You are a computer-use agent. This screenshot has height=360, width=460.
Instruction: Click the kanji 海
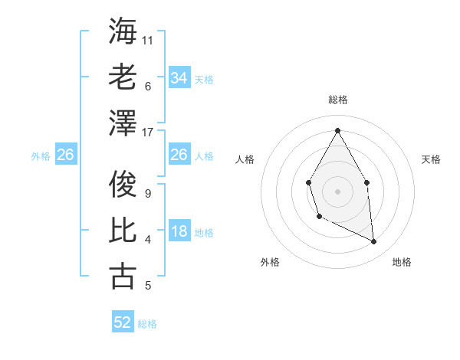pyautogui.click(x=123, y=31)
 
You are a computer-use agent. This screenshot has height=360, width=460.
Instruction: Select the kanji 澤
pyautogui.click(x=123, y=123)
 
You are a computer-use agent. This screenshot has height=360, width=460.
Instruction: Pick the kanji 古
pyautogui.click(x=123, y=276)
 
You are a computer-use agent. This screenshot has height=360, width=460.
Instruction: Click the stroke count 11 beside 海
pyautogui.click(x=148, y=40)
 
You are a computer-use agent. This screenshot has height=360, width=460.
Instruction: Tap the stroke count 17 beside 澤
pyautogui.click(x=148, y=132)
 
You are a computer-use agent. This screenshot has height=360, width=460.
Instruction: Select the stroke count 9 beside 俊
pyautogui.click(x=148, y=194)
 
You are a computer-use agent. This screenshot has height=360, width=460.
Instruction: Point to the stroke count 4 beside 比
pyautogui.click(x=148, y=240)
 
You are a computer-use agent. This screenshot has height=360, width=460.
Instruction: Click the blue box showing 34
pyautogui.click(x=179, y=78)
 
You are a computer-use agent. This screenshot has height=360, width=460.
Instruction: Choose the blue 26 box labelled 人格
pyautogui.click(x=179, y=155)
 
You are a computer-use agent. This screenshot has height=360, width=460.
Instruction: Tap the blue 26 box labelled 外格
pyautogui.click(x=65, y=155)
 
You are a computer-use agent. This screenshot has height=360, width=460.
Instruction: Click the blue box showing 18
pyautogui.click(x=179, y=232)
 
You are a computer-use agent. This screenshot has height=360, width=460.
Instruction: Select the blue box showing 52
pyautogui.click(x=123, y=322)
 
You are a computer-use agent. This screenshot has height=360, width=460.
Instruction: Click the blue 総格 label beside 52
pyautogui.click(x=147, y=324)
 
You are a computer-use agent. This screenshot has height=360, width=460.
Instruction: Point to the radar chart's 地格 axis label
pyautogui.click(x=402, y=262)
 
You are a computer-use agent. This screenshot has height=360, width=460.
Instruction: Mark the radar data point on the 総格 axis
pyautogui.click(x=337, y=130)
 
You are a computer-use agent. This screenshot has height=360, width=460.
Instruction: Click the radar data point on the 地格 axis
pyautogui.click(x=374, y=242)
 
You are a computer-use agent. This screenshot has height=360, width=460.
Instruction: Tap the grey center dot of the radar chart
pyautogui.click(x=337, y=190)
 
